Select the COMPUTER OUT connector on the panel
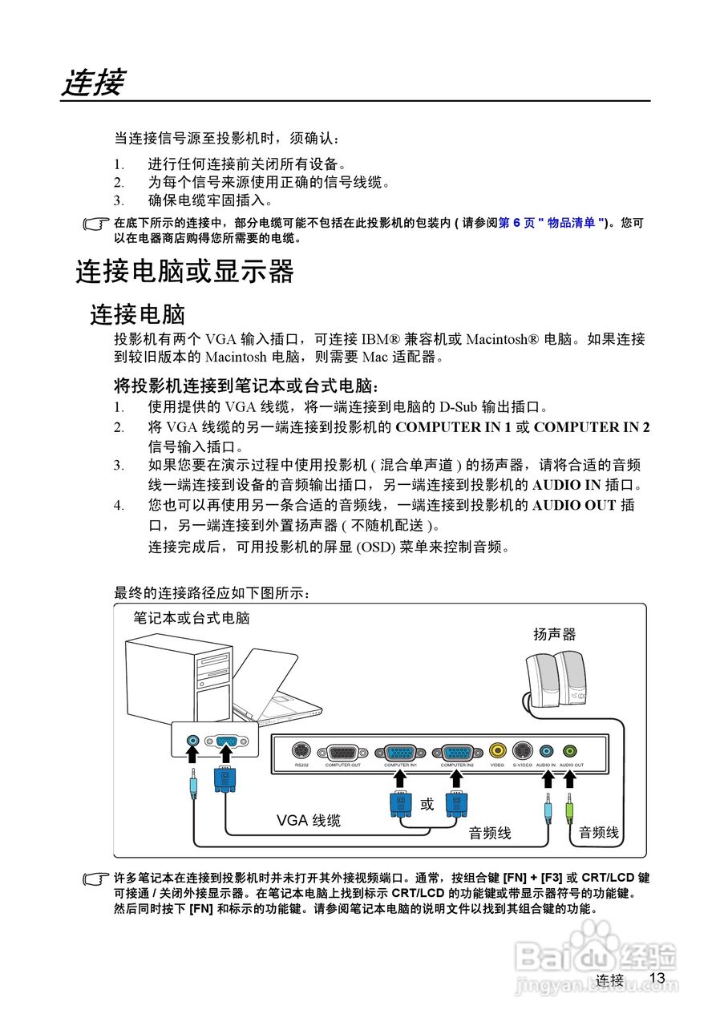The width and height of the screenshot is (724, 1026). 342,753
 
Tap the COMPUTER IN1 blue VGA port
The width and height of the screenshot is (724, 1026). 400,753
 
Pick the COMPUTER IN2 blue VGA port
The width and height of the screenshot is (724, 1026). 457,753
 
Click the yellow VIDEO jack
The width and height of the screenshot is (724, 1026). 498,751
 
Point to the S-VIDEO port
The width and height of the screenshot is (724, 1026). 523,751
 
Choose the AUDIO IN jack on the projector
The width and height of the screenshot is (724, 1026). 547,751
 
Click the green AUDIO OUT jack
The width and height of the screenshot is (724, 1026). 569,751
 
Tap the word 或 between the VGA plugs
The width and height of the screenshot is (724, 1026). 427,804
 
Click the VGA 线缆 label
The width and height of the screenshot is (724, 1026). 309,820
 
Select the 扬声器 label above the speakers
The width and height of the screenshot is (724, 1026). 555,634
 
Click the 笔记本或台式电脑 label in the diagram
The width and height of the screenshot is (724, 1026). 192,618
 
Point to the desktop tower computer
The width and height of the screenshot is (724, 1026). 172,681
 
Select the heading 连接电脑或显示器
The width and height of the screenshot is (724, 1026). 185,272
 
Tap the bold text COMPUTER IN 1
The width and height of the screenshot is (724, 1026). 453,427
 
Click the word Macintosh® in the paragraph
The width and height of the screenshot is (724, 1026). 502,339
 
